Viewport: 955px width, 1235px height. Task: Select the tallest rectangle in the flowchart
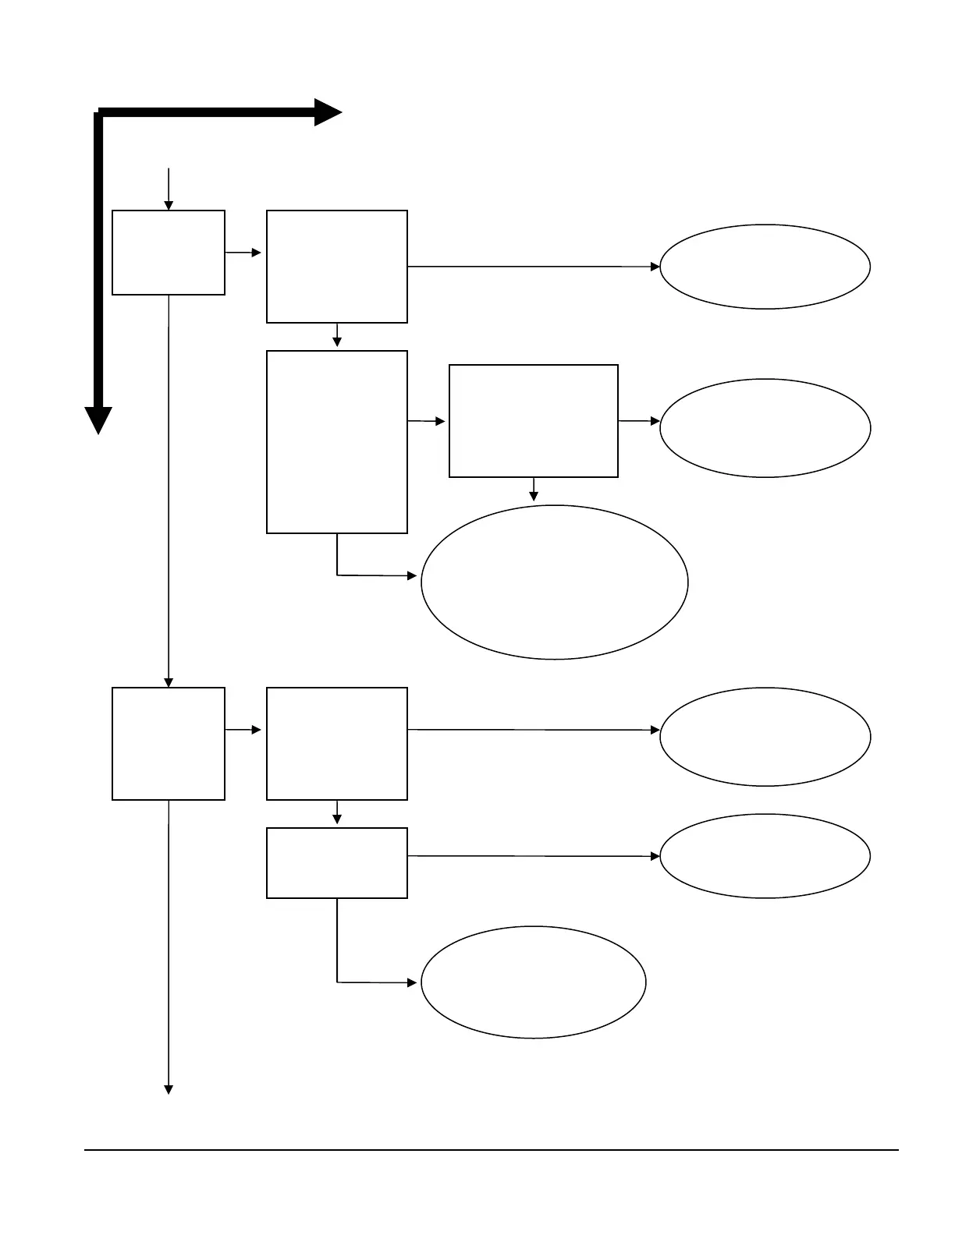[x=336, y=442]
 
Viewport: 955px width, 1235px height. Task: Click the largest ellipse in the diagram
[x=554, y=582]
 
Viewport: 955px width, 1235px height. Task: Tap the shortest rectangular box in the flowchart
[x=336, y=863]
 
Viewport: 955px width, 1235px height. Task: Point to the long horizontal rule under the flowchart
[x=492, y=1149]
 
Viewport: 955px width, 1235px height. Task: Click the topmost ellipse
[x=765, y=267]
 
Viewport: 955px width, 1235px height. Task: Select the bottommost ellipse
[x=534, y=982]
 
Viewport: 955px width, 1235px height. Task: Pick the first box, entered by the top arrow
[x=169, y=253]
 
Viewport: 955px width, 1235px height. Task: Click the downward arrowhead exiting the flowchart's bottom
[x=168, y=1089]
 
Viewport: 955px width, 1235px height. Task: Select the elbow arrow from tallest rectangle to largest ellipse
[x=367, y=575]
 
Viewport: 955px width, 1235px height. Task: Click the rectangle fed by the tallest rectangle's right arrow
[x=534, y=421]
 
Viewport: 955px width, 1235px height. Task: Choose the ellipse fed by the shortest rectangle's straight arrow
[x=765, y=856]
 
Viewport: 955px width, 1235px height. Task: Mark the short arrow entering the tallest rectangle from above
[x=337, y=336]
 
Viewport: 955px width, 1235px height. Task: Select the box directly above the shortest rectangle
[x=336, y=744]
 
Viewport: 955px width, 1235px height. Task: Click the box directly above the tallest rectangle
[x=336, y=267]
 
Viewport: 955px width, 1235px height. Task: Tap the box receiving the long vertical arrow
[x=169, y=744]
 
